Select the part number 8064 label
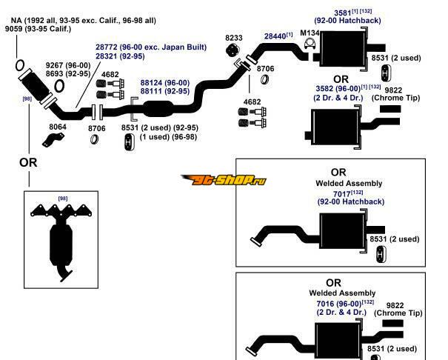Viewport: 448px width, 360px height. click(x=57, y=127)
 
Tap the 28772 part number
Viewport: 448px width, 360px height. click(x=109, y=47)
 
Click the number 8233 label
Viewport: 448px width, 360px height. click(x=234, y=37)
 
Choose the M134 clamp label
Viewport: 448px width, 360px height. click(x=311, y=33)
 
